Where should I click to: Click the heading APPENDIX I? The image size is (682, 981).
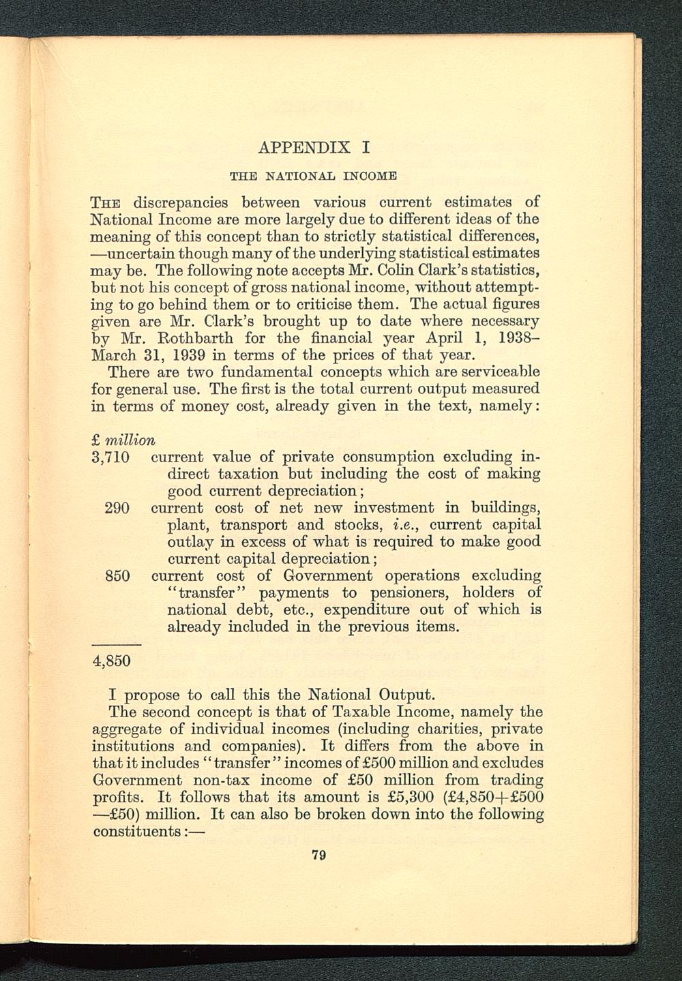(314, 147)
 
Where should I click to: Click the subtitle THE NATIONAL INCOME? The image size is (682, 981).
(314, 175)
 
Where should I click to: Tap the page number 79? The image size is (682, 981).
(316, 856)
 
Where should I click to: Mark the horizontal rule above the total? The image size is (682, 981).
(116, 644)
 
